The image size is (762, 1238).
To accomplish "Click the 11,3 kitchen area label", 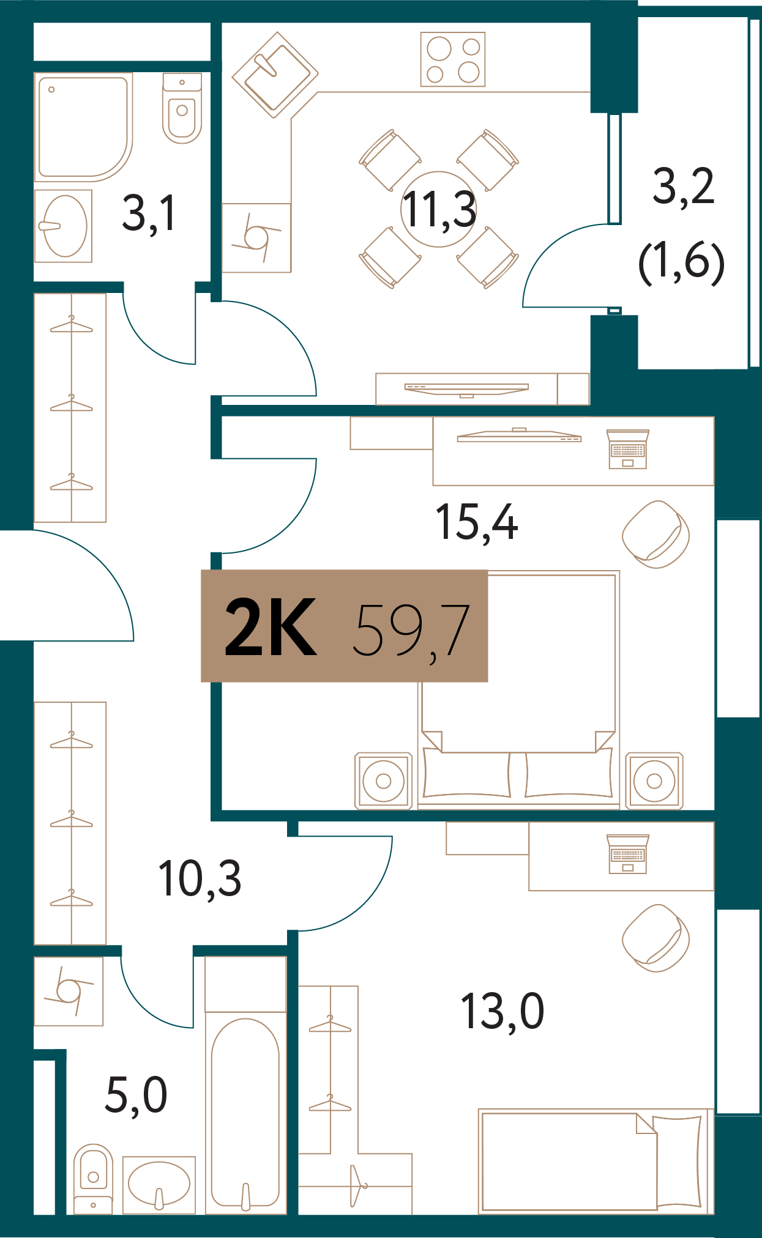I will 439,210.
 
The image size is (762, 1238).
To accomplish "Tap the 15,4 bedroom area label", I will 476,523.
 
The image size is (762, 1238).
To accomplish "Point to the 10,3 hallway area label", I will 200,879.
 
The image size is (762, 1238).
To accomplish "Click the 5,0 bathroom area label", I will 136,1095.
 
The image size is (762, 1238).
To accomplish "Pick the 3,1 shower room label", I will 149,213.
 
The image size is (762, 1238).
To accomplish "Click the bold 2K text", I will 271,627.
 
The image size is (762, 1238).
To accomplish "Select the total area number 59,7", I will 411,629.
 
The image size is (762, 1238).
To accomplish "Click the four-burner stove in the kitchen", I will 453,59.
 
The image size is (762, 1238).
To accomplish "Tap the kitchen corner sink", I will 275,75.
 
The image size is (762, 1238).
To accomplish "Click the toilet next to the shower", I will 182,108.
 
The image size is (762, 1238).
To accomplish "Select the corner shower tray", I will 83,127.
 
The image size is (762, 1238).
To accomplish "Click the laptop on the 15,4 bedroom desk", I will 628,450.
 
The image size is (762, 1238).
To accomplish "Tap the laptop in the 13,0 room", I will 628,854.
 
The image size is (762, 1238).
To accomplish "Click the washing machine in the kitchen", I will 256,238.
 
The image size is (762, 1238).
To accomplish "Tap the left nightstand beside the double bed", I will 384,780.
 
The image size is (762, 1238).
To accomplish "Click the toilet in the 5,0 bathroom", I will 93,1178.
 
